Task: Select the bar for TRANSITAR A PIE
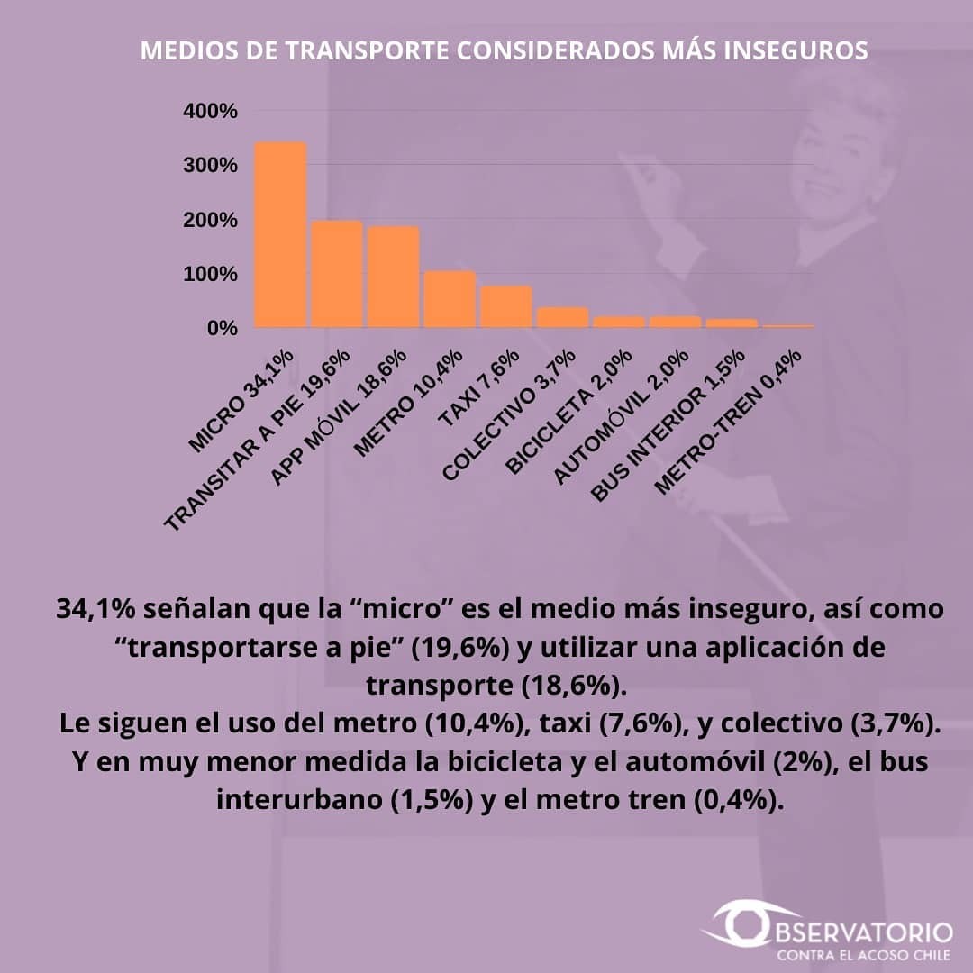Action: pos(337,274)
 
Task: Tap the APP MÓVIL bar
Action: pos(394,277)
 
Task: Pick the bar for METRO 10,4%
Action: pos(450,299)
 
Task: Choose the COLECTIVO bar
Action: pos(562,317)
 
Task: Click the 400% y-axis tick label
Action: pos(210,112)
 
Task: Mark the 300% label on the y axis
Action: pos(210,166)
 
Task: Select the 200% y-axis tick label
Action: pos(210,220)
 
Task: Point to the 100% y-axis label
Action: pos(210,274)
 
